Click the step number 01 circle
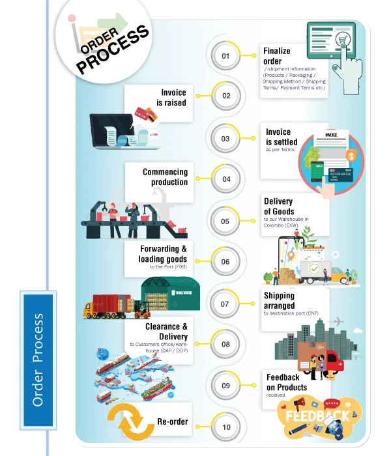point(226,56)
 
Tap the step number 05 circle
point(225,221)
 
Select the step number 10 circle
point(226,427)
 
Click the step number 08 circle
point(225,344)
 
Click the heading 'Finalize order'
point(277,56)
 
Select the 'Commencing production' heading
point(165,177)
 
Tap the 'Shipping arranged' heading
point(279,300)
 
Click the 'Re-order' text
point(173,421)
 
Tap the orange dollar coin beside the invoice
point(351,156)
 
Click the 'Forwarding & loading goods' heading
point(164,254)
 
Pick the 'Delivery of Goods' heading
point(278,206)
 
